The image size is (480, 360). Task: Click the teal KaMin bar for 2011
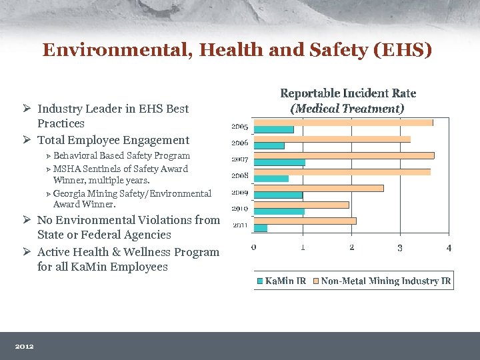click(x=261, y=228)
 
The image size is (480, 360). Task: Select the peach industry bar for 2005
click(x=343, y=123)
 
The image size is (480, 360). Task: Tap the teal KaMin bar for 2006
click(x=269, y=145)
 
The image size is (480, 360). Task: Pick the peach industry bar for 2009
click(x=319, y=188)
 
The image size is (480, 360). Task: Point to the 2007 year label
click(x=240, y=159)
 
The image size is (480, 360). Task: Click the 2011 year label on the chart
click(x=240, y=225)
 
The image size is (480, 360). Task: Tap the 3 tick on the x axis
click(x=400, y=247)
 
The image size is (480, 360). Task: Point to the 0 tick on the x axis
click(x=254, y=247)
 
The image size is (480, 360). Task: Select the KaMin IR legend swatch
click(x=260, y=281)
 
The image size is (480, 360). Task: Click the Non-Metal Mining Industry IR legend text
click(x=385, y=281)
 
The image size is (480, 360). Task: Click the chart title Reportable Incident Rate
click(x=348, y=93)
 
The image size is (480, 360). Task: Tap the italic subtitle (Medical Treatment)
click(x=347, y=108)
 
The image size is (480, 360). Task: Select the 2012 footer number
click(x=25, y=346)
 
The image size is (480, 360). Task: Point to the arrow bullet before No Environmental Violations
click(x=27, y=220)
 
